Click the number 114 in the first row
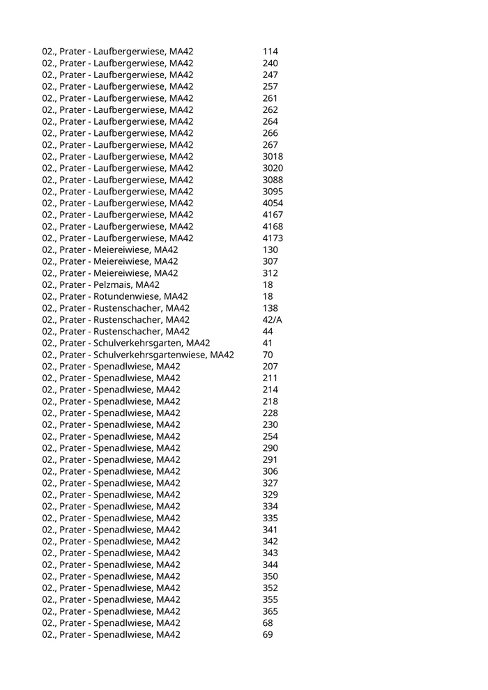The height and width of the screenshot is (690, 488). [x=270, y=52]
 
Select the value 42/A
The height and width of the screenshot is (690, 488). [x=273, y=319]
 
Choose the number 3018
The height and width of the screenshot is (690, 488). [x=273, y=156]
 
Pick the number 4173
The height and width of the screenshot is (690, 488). [x=273, y=238]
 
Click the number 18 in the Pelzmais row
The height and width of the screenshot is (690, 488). [x=268, y=284]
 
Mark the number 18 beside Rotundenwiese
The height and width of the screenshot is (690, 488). [x=268, y=296]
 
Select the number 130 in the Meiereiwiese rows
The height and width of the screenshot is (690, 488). [x=270, y=250]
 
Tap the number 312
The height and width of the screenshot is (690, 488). [x=270, y=273]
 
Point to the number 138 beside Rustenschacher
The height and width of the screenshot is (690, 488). [x=270, y=308]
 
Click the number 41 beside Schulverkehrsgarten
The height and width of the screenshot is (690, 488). [x=268, y=343]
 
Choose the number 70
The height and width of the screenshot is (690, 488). [x=268, y=355]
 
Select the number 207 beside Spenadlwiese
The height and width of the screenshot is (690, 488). [x=270, y=367]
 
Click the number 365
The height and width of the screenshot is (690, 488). [x=270, y=611]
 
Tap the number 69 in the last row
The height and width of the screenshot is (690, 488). [x=268, y=634]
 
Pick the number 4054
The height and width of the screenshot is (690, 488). [x=273, y=203]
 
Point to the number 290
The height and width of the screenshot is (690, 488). [x=270, y=448]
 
